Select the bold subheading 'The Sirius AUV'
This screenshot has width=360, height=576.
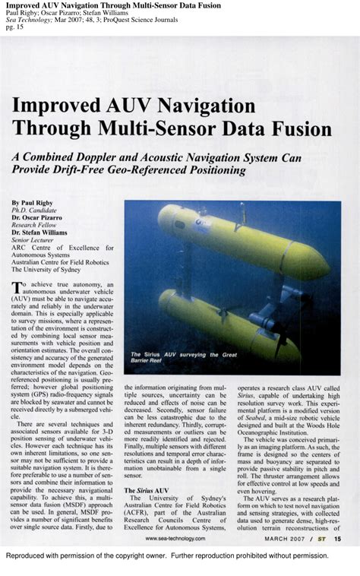(147, 491)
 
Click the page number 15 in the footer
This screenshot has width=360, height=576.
(336, 539)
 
